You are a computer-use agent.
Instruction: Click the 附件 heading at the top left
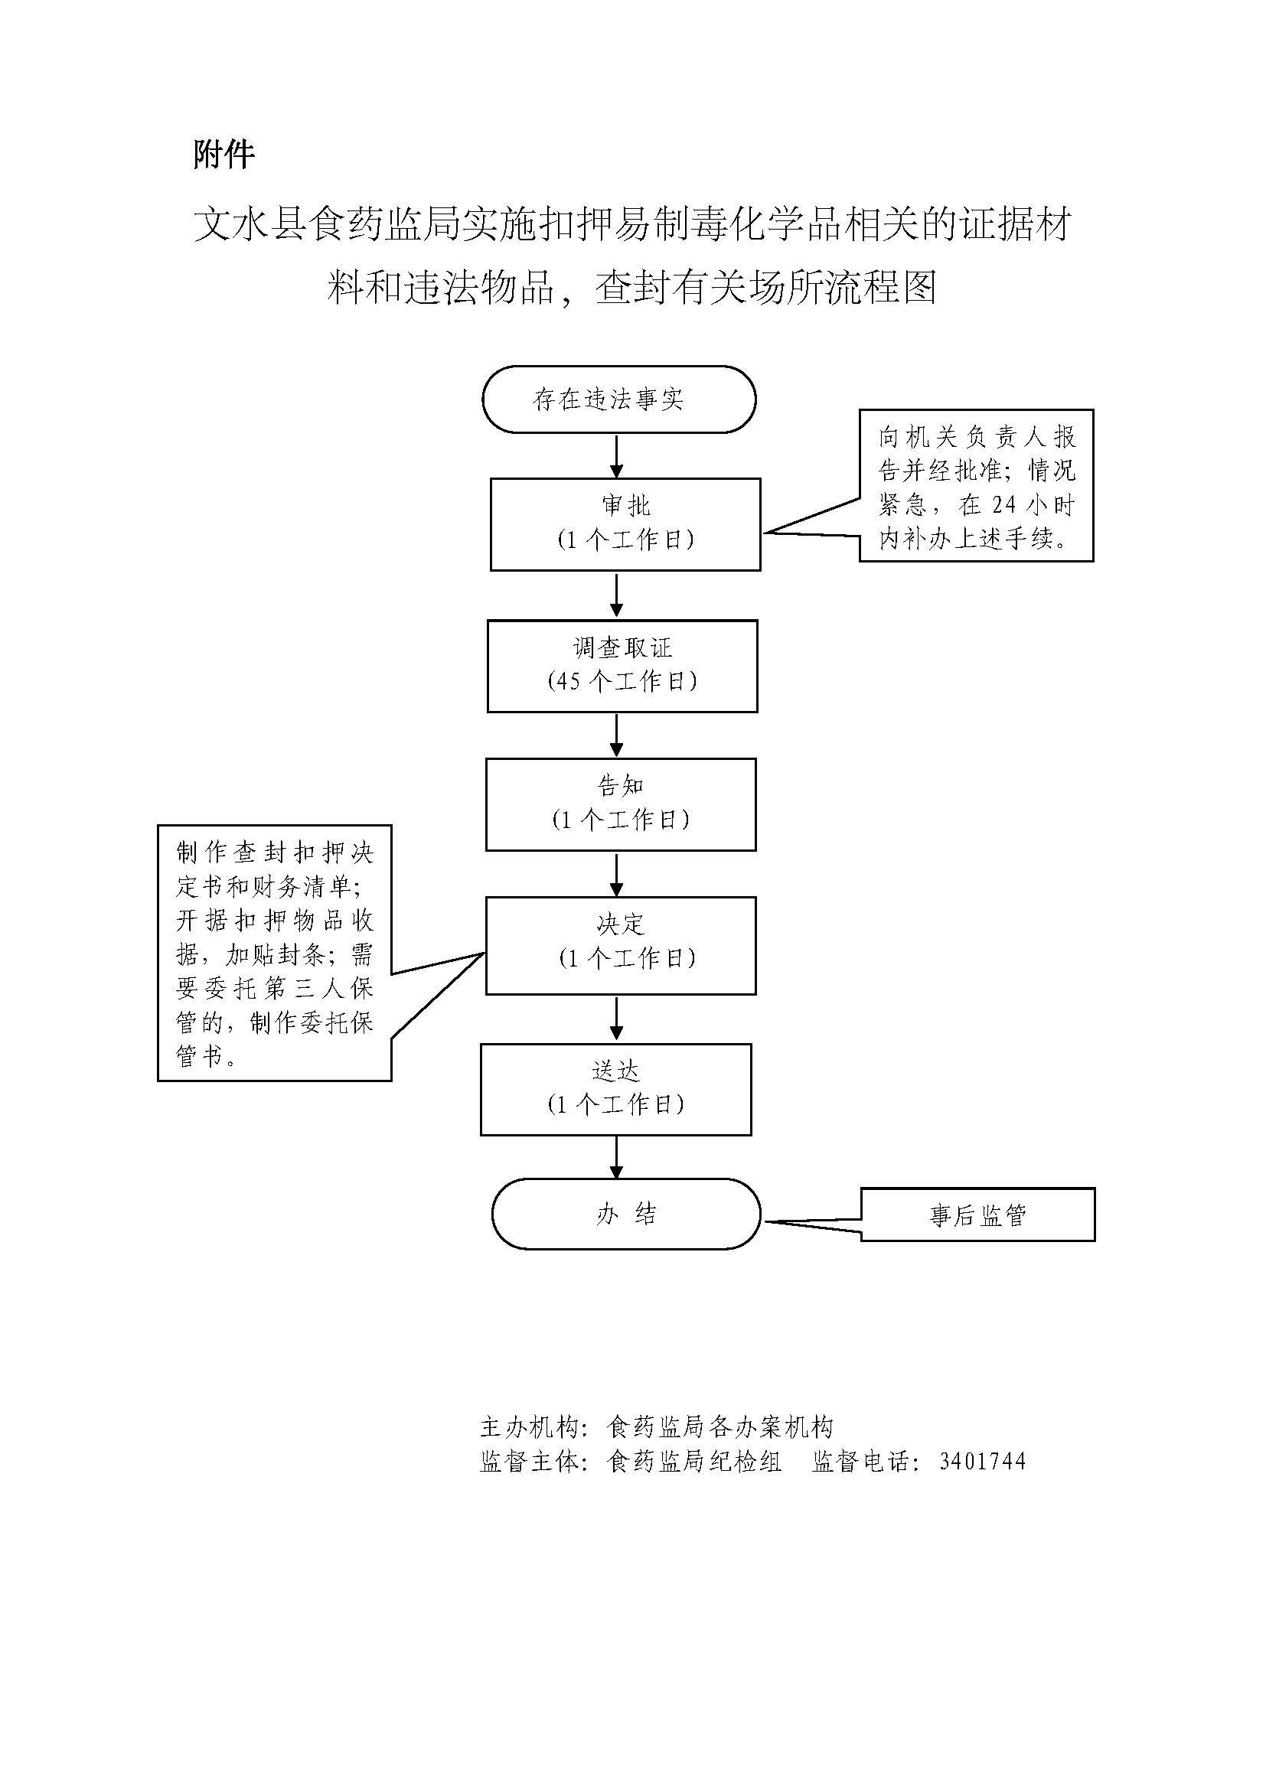click(x=224, y=155)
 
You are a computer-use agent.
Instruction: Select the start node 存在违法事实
click(x=619, y=399)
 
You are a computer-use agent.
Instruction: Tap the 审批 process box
click(x=625, y=524)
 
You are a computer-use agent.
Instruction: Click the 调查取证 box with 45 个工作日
click(x=622, y=666)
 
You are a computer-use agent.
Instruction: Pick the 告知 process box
click(x=621, y=804)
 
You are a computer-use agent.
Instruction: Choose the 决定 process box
click(x=621, y=945)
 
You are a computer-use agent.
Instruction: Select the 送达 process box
click(x=616, y=1089)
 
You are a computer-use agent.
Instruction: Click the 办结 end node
click(x=626, y=1214)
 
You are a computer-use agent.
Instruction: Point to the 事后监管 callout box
click(x=977, y=1215)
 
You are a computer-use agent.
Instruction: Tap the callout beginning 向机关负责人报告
click(x=976, y=485)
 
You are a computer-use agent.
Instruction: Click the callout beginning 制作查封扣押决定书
click(x=275, y=953)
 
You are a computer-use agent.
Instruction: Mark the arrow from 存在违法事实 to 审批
click(x=617, y=456)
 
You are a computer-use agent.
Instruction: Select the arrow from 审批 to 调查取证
click(x=617, y=595)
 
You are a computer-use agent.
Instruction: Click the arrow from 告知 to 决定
click(x=617, y=875)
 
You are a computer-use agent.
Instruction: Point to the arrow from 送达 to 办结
click(x=617, y=1157)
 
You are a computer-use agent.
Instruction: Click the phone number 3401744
click(x=982, y=1462)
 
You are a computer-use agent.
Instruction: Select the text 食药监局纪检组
click(x=693, y=1462)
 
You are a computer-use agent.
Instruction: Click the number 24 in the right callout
click(x=1005, y=505)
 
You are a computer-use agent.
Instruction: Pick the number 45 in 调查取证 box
click(x=568, y=681)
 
